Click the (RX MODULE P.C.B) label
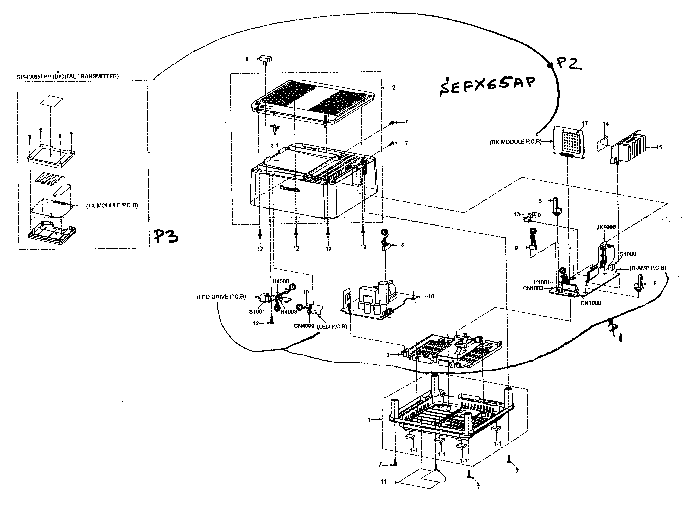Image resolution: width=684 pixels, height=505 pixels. [515, 142]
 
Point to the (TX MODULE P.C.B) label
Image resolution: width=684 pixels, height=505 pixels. [112, 205]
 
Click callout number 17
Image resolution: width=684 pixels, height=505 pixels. [584, 124]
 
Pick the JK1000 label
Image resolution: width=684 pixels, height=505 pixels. [606, 227]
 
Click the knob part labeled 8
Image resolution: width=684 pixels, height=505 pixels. [266, 59]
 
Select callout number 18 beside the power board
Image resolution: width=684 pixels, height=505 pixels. [431, 296]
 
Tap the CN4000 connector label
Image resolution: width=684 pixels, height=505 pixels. [304, 326]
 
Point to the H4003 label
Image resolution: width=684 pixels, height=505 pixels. [288, 312]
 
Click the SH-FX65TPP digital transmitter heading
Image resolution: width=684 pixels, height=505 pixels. [68, 76]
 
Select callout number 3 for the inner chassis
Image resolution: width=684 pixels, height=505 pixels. [388, 355]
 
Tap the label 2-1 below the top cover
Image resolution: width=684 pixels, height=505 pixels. [274, 145]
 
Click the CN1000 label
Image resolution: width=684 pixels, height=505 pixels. [591, 303]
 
